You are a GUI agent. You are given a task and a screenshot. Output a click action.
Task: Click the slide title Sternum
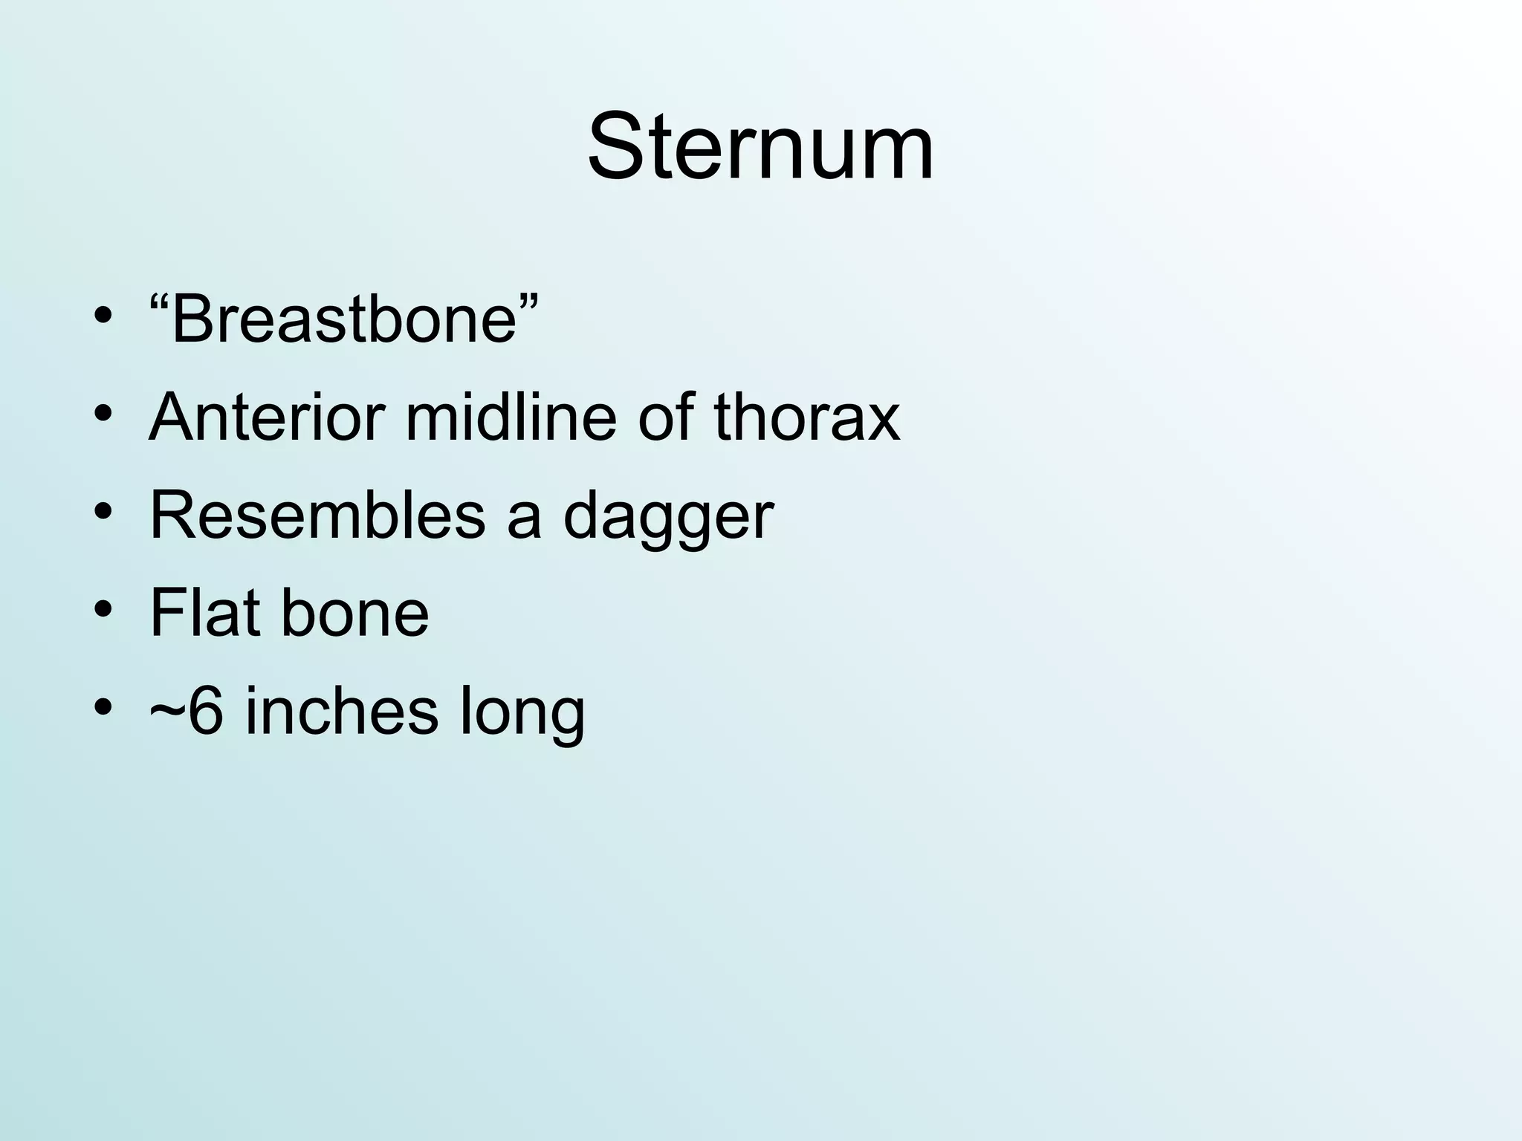click(x=760, y=146)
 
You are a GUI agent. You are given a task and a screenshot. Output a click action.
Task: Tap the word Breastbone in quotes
click(x=343, y=319)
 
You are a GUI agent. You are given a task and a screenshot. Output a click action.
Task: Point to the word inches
click(x=341, y=711)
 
